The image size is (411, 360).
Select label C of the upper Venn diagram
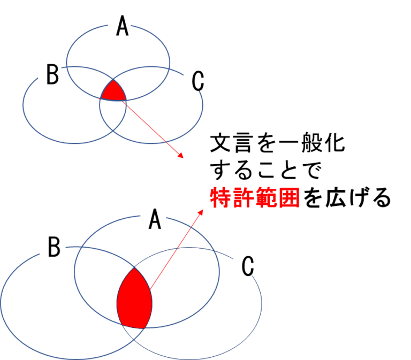pyautogui.click(x=195, y=80)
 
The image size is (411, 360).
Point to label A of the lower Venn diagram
pyautogui.click(x=153, y=217)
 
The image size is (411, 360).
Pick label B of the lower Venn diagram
pyautogui.click(x=52, y=246)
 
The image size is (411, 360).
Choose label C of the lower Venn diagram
pyautogui.click(x=246, y=265)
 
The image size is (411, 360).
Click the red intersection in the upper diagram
pyautogui.click(x=114, y=93)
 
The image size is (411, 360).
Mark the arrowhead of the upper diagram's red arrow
pyautogui.click(x=182, y=157)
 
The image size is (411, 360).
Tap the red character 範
pyautogui.click(x=267, y=198)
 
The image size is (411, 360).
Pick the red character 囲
pyautogui.click(x=289, y=198)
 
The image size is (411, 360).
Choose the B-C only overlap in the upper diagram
pyautogui.click(x=113, y=115)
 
